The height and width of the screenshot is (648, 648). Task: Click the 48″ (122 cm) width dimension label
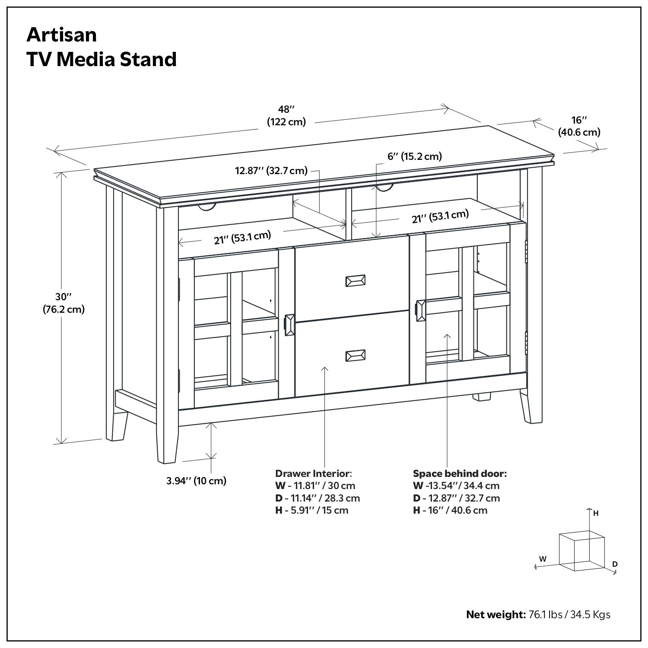point(286,116)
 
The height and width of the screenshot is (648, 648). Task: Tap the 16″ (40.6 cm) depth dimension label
point(579,126)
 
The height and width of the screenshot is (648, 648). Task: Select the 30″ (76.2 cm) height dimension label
point(64,303)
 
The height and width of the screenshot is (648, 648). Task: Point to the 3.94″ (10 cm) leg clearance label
point(197,481)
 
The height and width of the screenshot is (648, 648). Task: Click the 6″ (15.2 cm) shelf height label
point(414,156)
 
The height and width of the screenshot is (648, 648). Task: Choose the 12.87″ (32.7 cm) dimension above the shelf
point(271,171)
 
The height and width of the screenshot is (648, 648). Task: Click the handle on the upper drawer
point(355,281)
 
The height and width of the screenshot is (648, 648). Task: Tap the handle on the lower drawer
point(355,356)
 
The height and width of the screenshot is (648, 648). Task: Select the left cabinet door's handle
point(289,325)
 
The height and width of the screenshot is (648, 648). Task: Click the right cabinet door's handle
point(420,311)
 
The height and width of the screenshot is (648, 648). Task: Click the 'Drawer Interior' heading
point(314,473)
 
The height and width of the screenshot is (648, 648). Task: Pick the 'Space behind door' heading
point(460,473)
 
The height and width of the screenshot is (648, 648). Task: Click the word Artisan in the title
point(62,35)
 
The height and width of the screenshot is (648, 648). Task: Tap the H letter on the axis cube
point(596,514)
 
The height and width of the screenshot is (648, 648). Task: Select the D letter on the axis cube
point(615,564)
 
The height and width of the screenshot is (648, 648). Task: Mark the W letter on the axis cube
point(543,559)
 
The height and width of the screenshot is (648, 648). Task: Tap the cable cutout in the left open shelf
point(207,208)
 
